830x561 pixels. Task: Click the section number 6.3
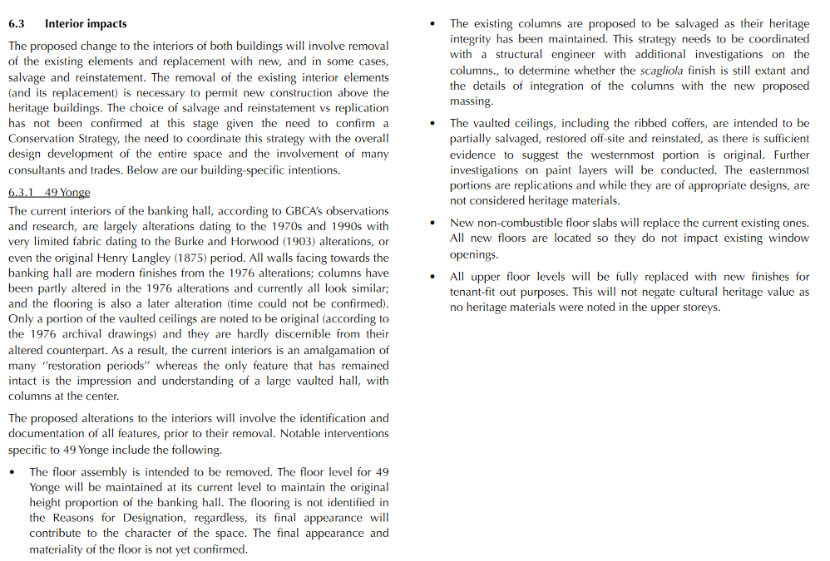click(17, 24)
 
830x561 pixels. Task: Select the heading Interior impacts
click(86, 24)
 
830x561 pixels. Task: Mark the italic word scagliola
click(662, 71)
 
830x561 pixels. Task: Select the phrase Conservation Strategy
click(73, 139)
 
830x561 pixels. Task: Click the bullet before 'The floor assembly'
click(12, 472)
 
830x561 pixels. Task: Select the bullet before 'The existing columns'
click(432, 24)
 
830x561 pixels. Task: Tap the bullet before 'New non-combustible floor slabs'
click(432, 223)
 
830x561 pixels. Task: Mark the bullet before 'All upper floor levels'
click(432, 277)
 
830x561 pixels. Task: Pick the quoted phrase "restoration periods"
click(99, 366)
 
